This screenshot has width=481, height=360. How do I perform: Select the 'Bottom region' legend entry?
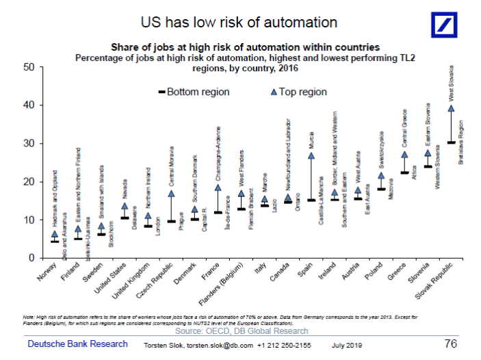point(194,92)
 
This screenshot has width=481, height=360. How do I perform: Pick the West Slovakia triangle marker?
point(451,108)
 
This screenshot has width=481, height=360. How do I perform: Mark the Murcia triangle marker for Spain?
point(311,155)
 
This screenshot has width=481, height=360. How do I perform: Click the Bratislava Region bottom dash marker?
point(451,142)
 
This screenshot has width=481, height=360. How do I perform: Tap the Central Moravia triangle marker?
point(171,194)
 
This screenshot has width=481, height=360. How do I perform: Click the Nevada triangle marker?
point(125,206)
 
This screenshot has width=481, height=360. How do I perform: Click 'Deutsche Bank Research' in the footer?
point(77,344)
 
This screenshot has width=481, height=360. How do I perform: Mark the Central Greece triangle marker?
point(404,155)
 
